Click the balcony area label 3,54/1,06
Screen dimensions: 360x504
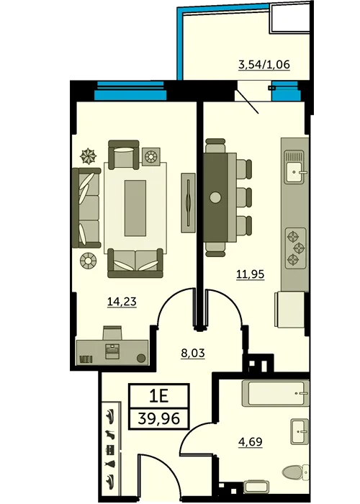pyautogui.click(x=264, y=65)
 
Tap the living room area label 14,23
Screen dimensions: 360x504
pyautogui.click(x=122, y=302)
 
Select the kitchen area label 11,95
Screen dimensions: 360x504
pyautogui.click(x=251, y=274)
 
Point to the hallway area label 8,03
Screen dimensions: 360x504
pyautogui.click(x=193, y=353)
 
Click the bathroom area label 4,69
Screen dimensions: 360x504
pyautogui.click(x=251, y=441)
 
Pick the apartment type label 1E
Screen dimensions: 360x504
pyautogui.click(x=159, y=396)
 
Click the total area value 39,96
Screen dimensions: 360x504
pyautogui.click(x=159, y=418)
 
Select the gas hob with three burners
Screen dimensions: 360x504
pyautogui.click(x=296, y=248)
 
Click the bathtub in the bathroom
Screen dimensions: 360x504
pyautogui.click(x=276, y=393)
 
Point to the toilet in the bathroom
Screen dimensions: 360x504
pyautogui.click(x=296, y=472)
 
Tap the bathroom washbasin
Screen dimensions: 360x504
pyautogui.click(x=300, y=432)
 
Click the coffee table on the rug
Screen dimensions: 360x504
pyautogui.click(x=135, y=208)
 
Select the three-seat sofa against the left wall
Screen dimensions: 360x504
pyautogui.click(x=86, y=208)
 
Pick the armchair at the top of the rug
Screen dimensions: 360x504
pyautogui.click(x=124, y=155)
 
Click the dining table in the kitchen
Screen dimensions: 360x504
pyautogui.click(x=216, y=197)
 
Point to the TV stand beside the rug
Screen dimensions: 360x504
pyautogui.click(x=189, y=202)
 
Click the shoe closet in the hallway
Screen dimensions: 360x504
pyautogui.click(x=112, y=449)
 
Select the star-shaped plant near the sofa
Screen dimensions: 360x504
pyautogui.click(x=88, y=156)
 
